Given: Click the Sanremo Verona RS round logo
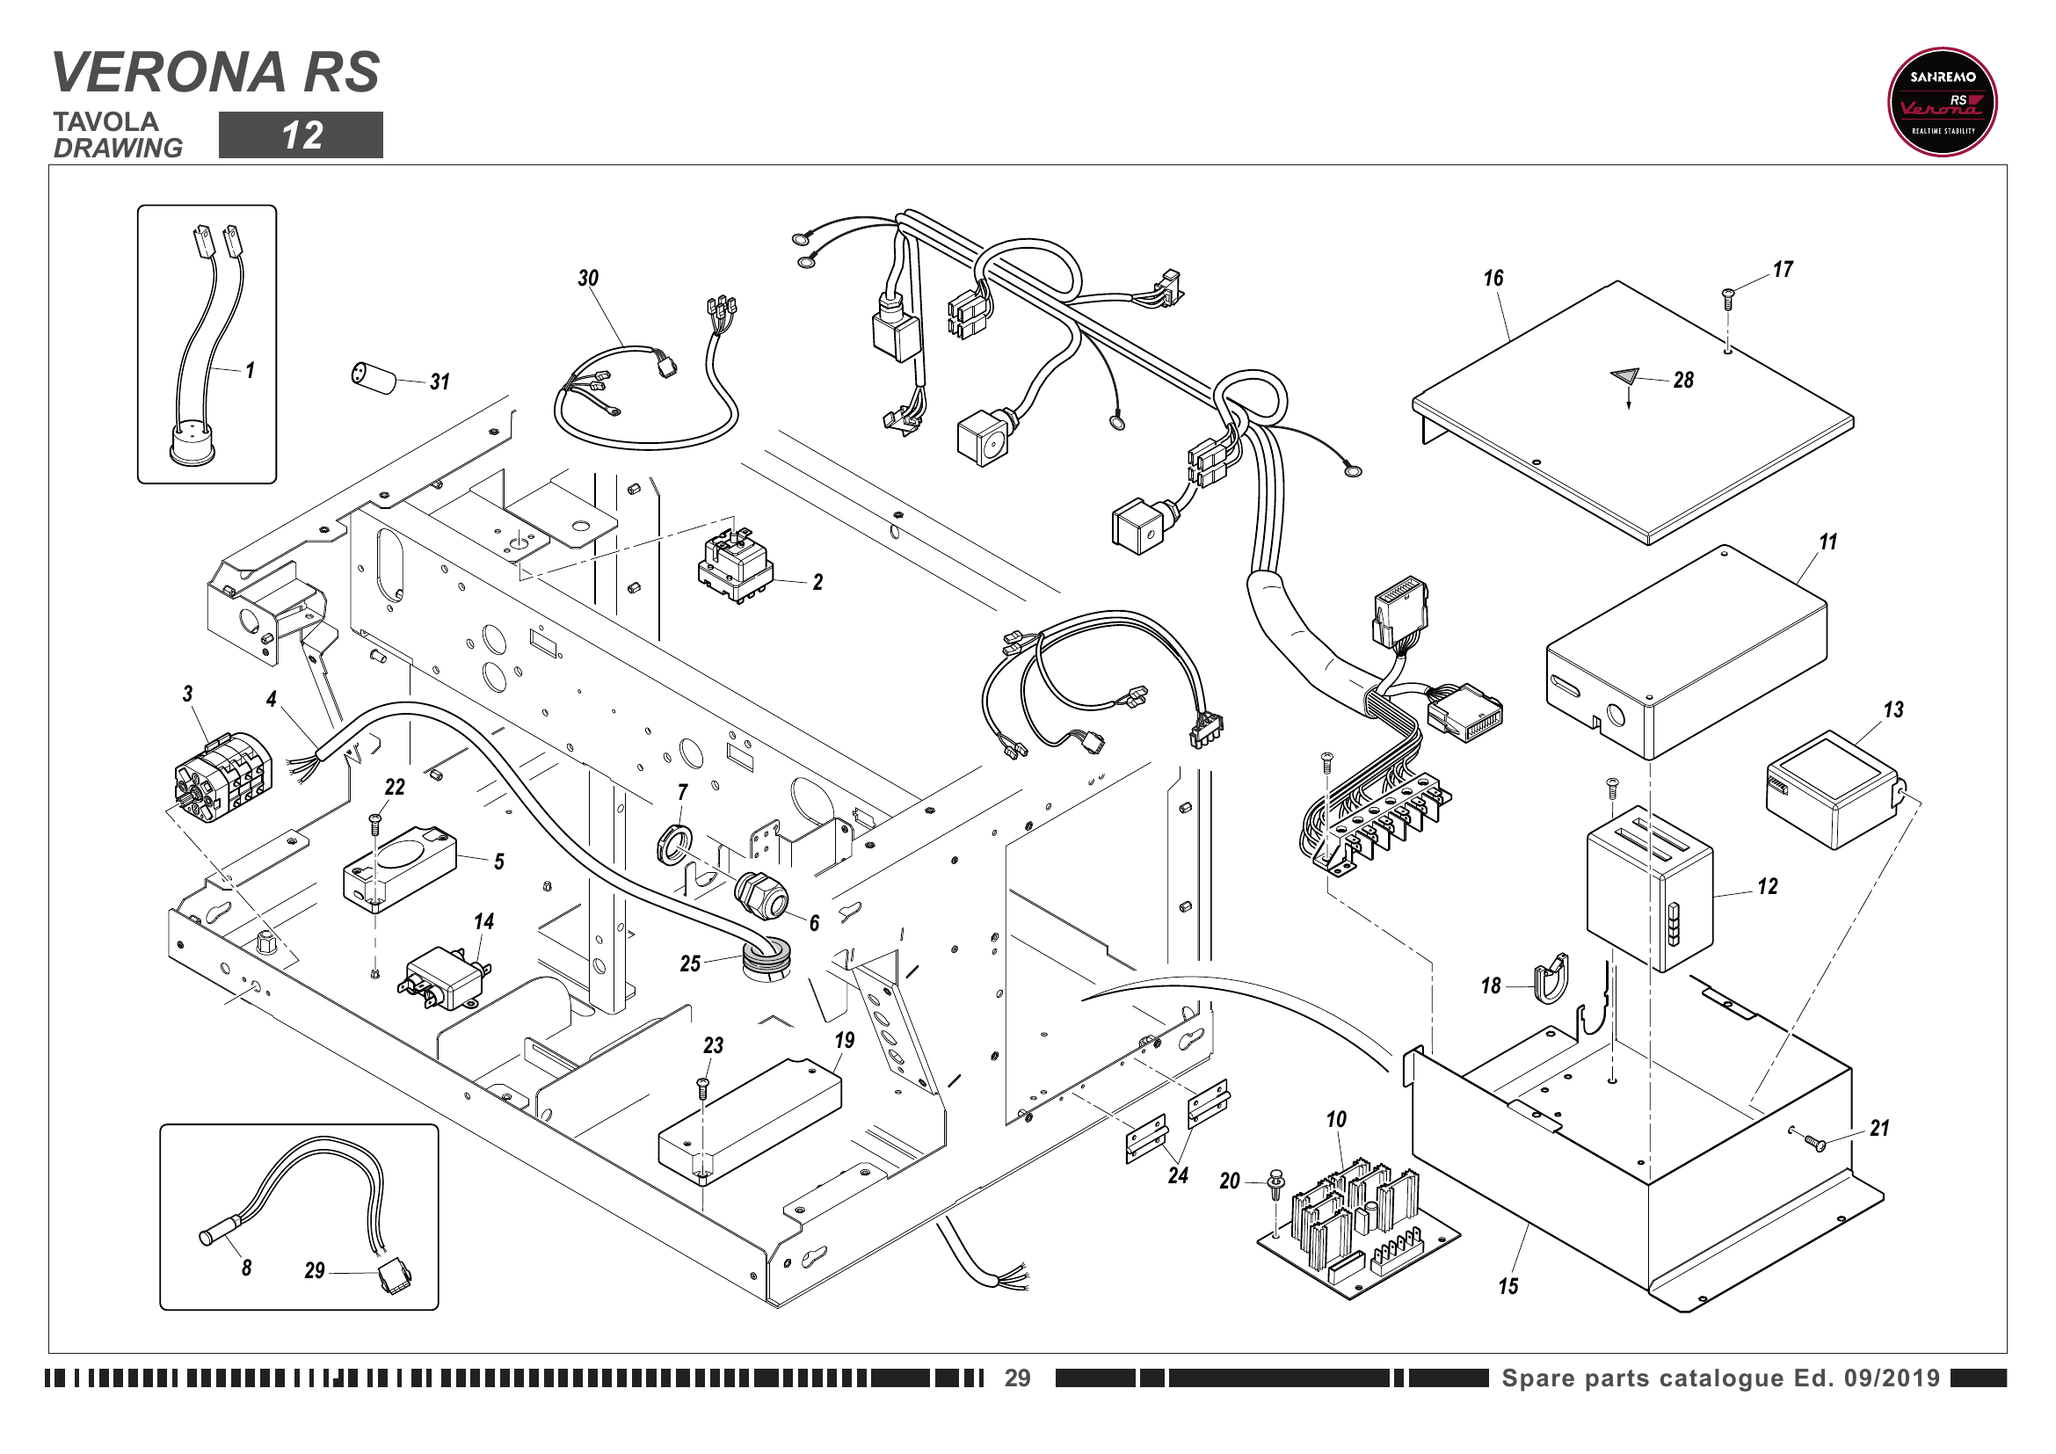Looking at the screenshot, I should pyautogui.click(x=1942, y=102).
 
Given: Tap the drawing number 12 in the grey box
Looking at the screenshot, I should pyautogui.click(x=301, y=135).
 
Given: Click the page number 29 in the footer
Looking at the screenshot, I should pyautogui.click(x=1017, y=1378).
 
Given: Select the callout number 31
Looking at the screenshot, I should pyautogui.click(x=440, y=382).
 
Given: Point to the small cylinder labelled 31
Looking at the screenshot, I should pyautogui.click(x=374, y=377).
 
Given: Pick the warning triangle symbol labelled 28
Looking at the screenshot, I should pyautogui.click(x=1624, y=376).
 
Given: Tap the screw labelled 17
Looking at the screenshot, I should pyautogui.click(x=1728, y=298).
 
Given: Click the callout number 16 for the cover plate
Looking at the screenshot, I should pyautogui.click(x=1493, y=279).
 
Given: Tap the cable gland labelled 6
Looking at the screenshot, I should pyautogui.click(x=762, y=896).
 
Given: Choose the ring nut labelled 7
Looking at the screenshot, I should pyautogui.click(x=674, y=844).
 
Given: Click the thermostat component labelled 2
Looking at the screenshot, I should pyautogui.click(x=735, y=568).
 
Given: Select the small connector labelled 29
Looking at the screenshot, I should pyautogui.click(x=393, y=1274).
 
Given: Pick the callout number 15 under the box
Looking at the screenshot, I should pyautogui.click(x=1509, y=1287).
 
